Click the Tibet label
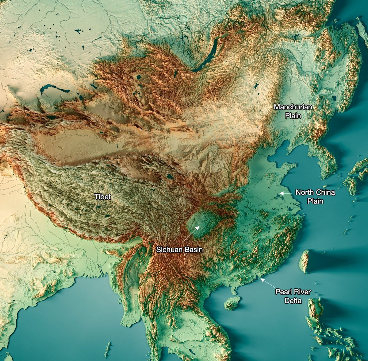point(103,196)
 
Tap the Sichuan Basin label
point(179,250)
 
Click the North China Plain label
point(315,196)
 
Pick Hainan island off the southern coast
point(232,303)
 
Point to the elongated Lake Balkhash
point(54,90)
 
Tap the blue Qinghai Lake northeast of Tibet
point(170,177)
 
